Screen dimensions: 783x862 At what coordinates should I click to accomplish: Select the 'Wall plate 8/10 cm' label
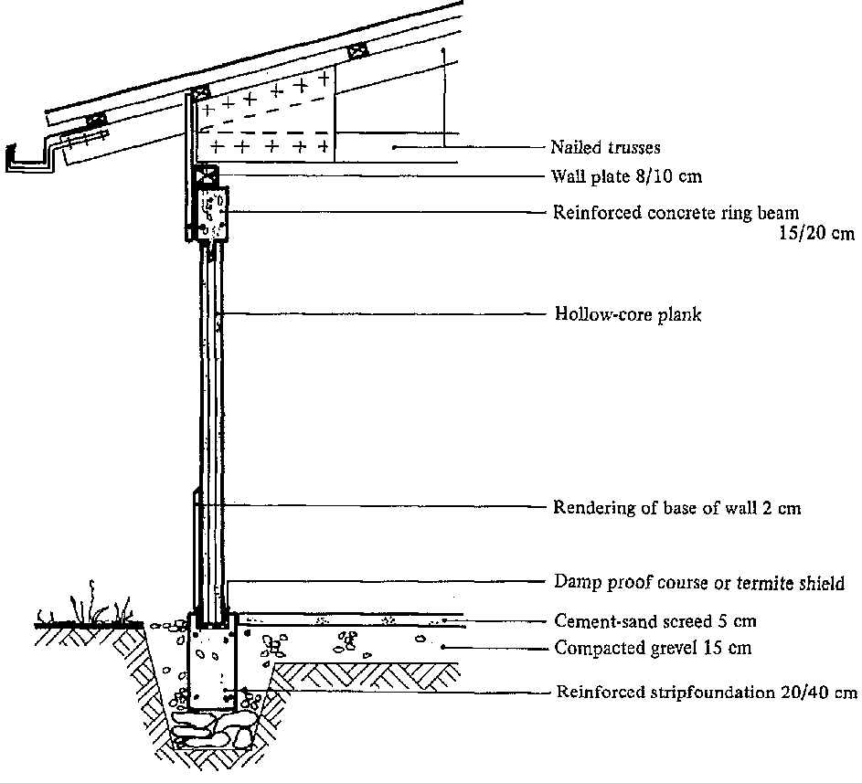[626, 176]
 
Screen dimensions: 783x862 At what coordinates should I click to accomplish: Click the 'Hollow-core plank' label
[628, 315]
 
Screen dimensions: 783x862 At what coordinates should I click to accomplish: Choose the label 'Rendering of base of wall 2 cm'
[676, 508]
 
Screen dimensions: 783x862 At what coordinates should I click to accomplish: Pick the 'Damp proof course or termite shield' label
[699, 582]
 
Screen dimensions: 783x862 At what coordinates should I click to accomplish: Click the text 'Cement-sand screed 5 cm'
[655, 621]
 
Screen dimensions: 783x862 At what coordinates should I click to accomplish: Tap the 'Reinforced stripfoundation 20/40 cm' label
[707, 692]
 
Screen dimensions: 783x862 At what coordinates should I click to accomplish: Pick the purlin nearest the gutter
[94, 120]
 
